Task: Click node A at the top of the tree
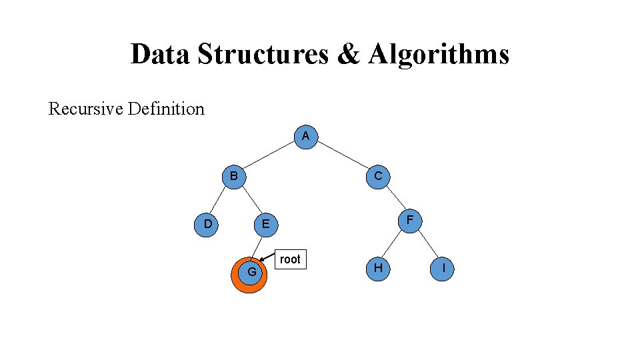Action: pyautogui.click(x=305, y=136)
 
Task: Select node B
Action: pyautogui.click(x=233, y=177)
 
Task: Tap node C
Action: pyautogui.click(x=377, y=177)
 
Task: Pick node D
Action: pyautogui.click(x=208, y=224)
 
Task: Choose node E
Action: pyautogui.click(x=265, y=224)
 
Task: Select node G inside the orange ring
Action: pyautogui.click(x=251, y=271)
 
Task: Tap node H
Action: pyautogui.click(x=377, y=267)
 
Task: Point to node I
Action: pyautogui.click(x=443, y=267)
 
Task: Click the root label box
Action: pyautogui.click(x=290, y=259)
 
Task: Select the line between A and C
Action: pyautogui.click(x=341, y=156)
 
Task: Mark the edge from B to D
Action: pyautogui.click(x=221, y=200)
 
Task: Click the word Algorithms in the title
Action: pyautogui.click(x=437, y=55)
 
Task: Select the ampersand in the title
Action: pyautogui.click(x=348, y=55)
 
